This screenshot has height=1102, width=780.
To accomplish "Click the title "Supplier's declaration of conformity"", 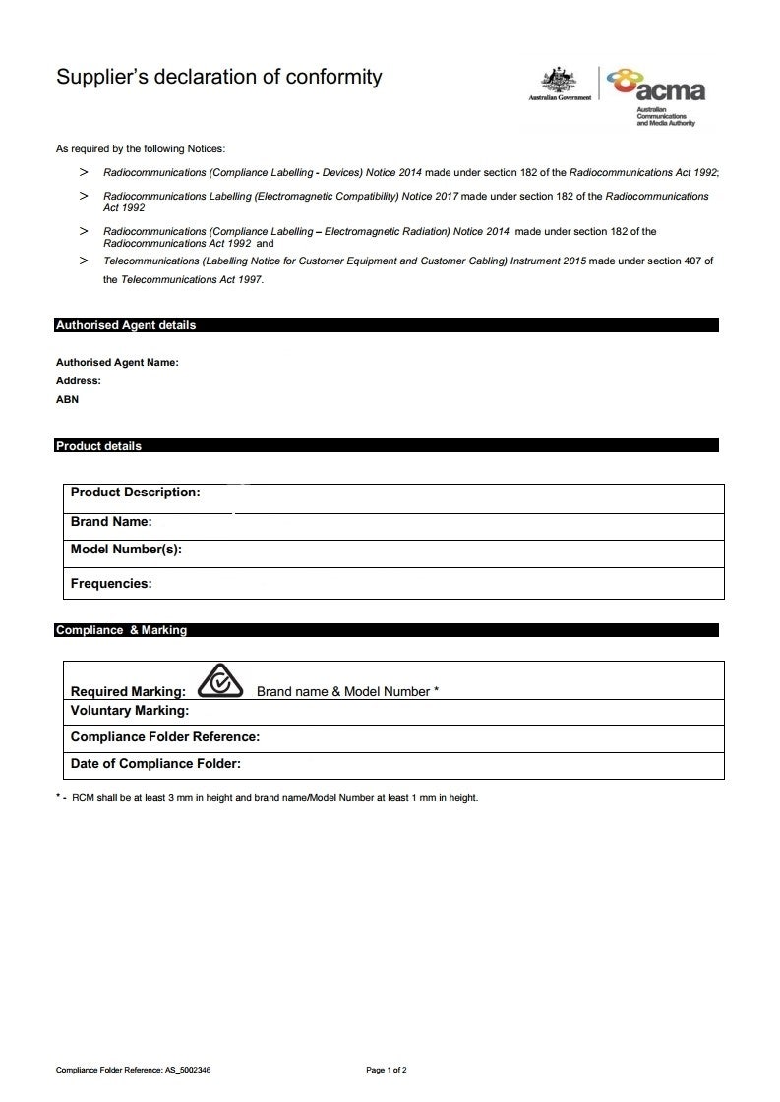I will coord(218,77).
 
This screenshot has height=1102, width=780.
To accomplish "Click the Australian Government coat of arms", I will coord(560,84).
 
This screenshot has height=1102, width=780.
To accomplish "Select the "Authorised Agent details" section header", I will coord(126,325).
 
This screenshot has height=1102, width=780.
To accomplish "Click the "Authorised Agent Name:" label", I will coord(117,362).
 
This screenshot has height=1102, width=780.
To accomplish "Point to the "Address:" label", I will coord(79,380).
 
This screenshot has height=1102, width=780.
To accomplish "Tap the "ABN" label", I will coord(67,400).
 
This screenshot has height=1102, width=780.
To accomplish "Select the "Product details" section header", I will coord(98,446).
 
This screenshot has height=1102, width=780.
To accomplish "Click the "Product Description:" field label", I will coord(135,493).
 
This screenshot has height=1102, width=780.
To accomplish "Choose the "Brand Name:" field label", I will coord(111,522).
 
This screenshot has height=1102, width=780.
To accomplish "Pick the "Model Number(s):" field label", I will coord(126,550).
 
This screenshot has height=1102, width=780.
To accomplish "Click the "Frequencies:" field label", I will coord(111,584).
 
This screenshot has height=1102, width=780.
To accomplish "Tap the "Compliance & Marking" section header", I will coord(121,630).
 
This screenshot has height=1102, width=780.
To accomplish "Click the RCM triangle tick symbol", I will coord(220,681).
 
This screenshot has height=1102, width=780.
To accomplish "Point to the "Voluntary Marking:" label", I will coord(130,711).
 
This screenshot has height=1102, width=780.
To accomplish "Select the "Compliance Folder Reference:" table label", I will coord(165,737).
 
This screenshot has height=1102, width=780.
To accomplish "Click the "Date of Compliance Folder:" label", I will coord(155,764).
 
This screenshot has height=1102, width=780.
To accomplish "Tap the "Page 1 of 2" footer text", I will coord(387,1070).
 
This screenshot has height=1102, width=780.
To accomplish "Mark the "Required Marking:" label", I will coord(128,692).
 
